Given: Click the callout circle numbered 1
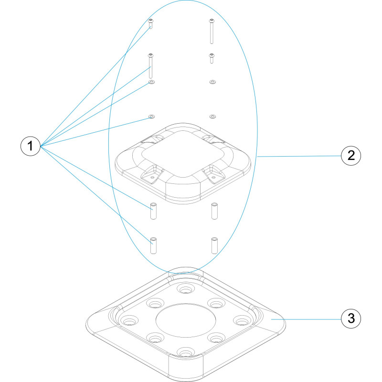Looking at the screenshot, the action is coord(30,146).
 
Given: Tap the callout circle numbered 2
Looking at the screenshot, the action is coord(351,156).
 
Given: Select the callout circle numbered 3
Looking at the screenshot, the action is coord(351,318).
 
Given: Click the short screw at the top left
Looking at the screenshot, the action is coord(151,24).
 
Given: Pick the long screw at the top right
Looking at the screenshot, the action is coord(212,32).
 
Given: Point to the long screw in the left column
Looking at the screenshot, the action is coord(151,66).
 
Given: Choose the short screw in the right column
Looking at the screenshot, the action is coord(212,58).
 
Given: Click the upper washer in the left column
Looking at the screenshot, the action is coord(151,82).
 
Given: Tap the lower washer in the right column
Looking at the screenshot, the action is coord(212,117).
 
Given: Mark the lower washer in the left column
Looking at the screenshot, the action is coord(151,117).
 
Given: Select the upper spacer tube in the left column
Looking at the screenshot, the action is coord(153,211).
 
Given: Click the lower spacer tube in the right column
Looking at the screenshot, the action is coord(214,245).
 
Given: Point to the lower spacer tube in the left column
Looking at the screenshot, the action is coord(153,245).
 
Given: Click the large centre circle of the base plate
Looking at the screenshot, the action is coord(186,320).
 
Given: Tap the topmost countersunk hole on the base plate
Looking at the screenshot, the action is coord(186,289).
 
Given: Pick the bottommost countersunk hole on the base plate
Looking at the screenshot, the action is coord(186,352).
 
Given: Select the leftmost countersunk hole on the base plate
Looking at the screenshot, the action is coord(129,320).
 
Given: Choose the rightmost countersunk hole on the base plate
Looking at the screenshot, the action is coord(243,320).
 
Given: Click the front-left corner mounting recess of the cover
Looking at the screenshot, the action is coord(152,174).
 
